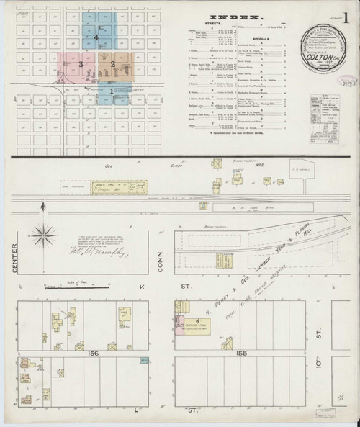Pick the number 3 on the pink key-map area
[x=81, y=64]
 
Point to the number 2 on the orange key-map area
[x=113, y=64]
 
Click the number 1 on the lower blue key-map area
[x=112, y=91]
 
